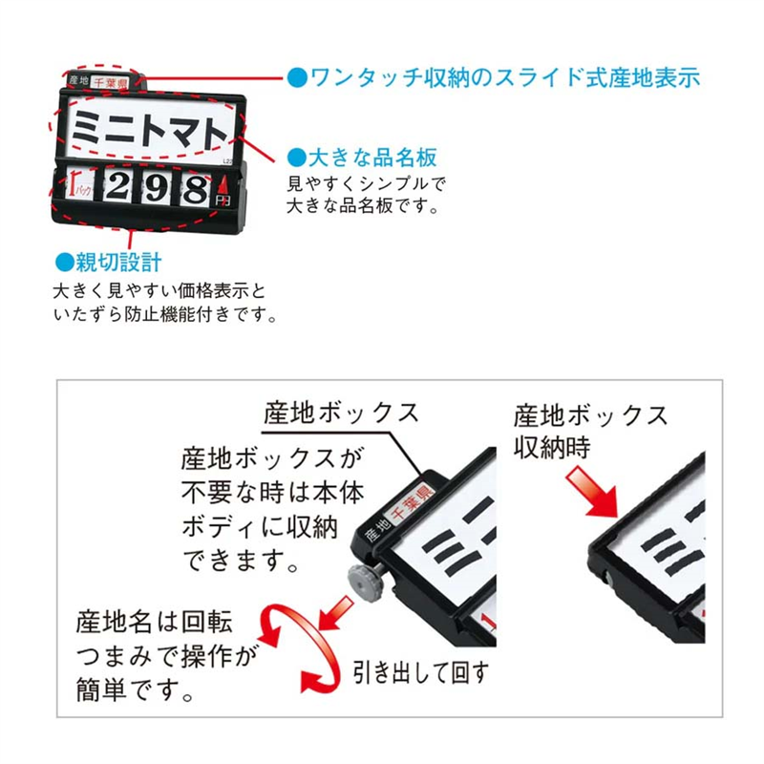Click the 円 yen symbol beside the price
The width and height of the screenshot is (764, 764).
[223, 201]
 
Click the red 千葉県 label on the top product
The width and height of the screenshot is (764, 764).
[113, 83]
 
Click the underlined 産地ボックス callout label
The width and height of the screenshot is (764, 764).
[340, 414]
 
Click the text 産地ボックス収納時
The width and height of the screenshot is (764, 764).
[590, 431]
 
